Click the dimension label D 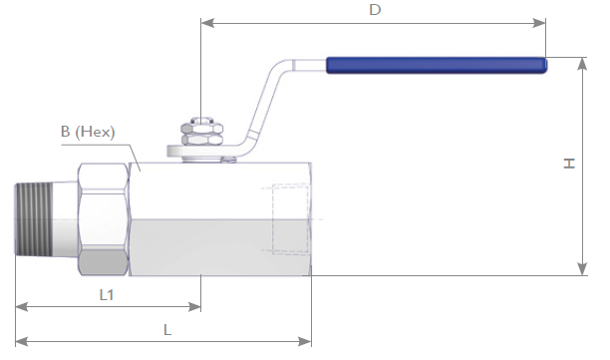375,9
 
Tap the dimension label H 569,164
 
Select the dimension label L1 107,295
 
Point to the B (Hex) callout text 88,132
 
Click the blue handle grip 437,65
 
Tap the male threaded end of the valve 34,219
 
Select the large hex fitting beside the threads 104,219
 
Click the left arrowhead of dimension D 207,23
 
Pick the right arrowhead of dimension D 539,23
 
